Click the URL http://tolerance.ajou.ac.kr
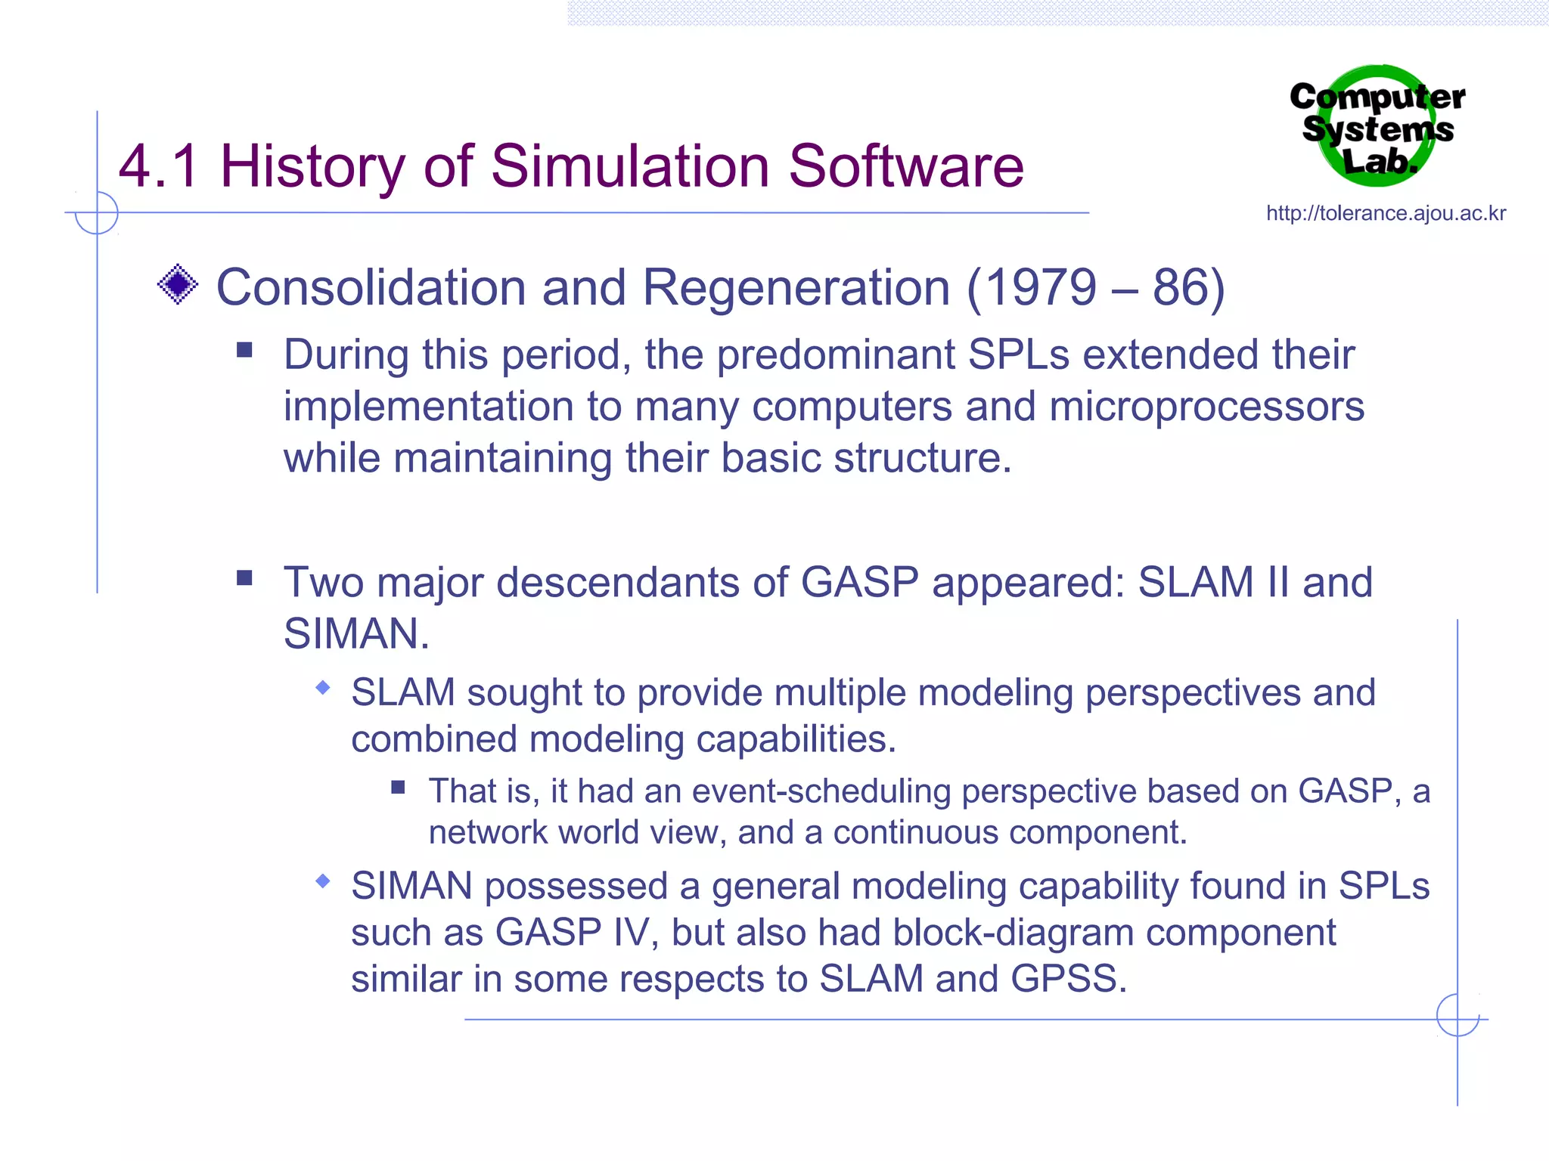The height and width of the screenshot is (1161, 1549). click(x=1386, y=213)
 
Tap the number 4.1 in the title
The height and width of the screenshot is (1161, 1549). click(x=159, y=166)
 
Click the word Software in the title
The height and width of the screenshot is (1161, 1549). click(x=905, y=166)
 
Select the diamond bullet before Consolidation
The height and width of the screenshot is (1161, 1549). click(x=178, y=285)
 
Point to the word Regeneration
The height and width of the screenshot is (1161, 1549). click(x=796, y=288)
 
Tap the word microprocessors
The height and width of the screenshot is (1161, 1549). click(x=1206, y=407)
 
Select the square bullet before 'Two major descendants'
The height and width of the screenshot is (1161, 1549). click(x=244, y=578)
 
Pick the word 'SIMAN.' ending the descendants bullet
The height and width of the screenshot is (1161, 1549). click(x=356, y=633)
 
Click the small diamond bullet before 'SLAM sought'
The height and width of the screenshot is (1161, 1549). click(x=324, y=687)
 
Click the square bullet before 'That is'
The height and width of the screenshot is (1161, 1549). click(x=399, y=788)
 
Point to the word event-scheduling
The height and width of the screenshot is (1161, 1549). click(x=821, y=791)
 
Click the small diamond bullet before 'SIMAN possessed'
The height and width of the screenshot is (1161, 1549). click(x=324, y=881)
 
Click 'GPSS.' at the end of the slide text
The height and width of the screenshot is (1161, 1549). click(x=1068, y=979)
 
